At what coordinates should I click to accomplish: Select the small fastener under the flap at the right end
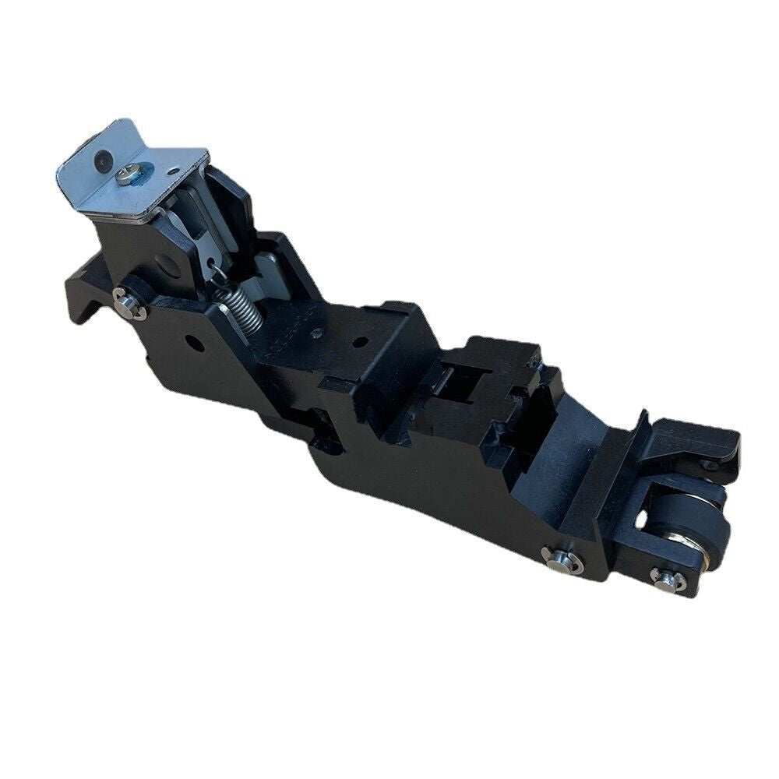[x=710, y=465]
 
